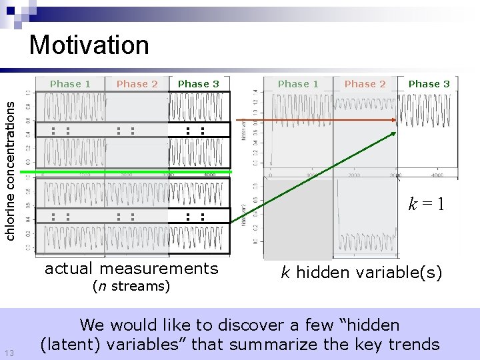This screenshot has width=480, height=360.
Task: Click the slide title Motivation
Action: click(89, 45)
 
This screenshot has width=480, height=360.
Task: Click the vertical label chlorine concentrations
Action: click(11, 166)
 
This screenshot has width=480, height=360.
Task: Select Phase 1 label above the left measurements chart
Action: click(70, 84)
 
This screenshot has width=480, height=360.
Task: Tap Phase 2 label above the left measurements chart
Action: click(137, 84)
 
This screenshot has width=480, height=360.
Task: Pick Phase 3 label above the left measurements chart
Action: click(198, 84)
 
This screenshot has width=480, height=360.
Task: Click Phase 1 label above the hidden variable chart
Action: click(298, 84)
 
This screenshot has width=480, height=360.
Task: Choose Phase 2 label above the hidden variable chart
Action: click(365, 84)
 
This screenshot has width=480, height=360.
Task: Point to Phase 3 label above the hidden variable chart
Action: click(429, 84)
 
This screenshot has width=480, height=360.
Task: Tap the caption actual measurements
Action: click(131, 269)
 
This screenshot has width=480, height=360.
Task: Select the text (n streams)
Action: click(131, 287)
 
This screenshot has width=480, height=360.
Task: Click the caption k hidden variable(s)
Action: click(361, 272)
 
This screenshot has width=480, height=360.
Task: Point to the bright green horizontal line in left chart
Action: click(127, 172)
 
